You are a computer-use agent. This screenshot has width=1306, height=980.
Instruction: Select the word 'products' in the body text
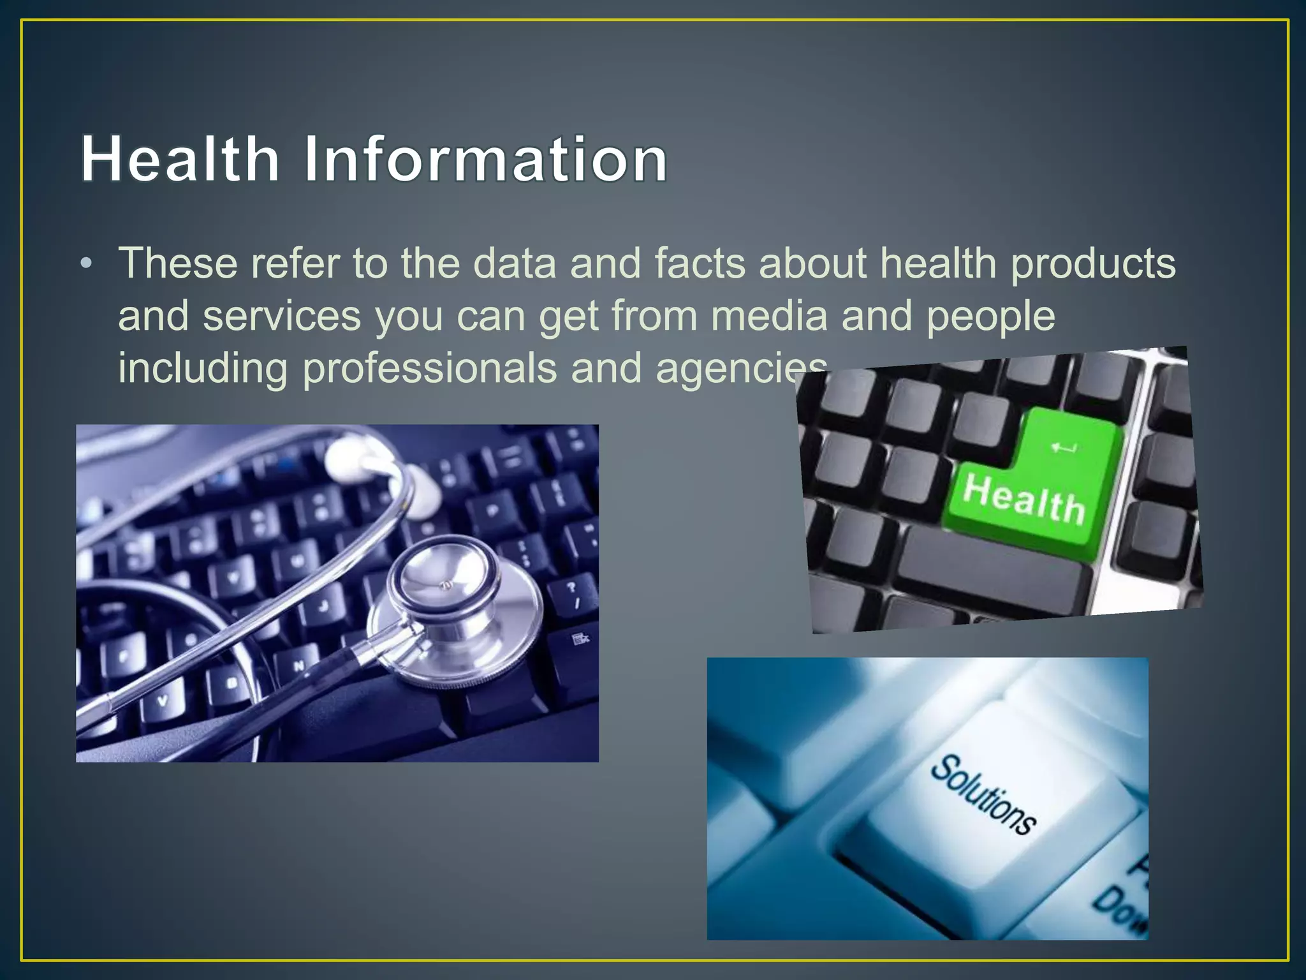click(1093, 264)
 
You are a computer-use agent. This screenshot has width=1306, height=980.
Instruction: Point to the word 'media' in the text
click(768, 316)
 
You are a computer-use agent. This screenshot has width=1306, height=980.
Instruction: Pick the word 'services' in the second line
click(281, 317)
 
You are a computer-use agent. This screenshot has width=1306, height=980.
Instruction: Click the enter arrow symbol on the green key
click(1063, 448)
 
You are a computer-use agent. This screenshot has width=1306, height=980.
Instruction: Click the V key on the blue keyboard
click(163, 701)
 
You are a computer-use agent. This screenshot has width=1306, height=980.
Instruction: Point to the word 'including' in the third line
click(203, 369)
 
